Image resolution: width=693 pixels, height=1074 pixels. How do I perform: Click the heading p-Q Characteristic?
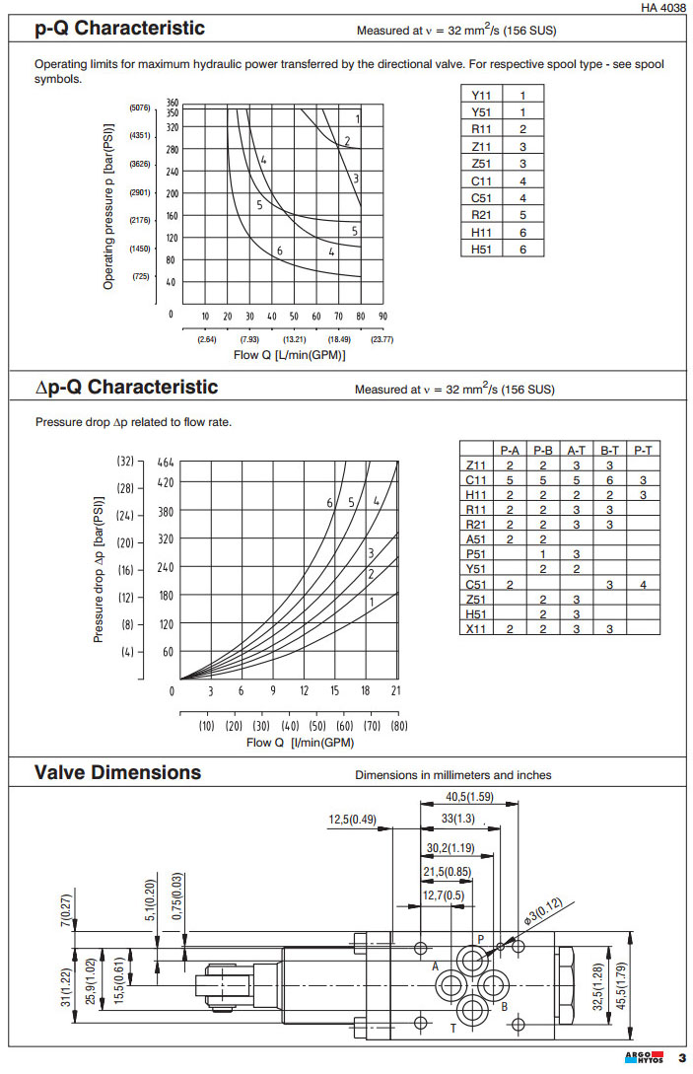(120, 28)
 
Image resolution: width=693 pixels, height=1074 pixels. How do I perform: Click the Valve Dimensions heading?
(118, 772)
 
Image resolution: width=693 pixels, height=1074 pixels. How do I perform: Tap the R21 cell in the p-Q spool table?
(481, 214)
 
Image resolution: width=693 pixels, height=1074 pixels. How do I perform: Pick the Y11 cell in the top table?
(481, 96)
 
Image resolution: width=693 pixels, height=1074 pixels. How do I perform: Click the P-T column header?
(644, 450)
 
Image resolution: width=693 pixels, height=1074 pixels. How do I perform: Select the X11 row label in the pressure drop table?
(476, 627)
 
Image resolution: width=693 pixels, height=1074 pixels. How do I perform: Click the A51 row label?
(476, 538)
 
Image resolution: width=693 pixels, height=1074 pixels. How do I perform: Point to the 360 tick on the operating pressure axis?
(173, 103)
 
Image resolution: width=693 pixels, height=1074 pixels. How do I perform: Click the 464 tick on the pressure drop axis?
(166, 462)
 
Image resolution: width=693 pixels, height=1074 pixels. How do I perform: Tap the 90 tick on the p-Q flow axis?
(382, 317)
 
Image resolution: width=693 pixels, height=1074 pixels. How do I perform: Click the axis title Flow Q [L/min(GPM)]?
(289, 354)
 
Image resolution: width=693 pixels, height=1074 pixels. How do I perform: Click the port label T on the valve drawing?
(452, 1028)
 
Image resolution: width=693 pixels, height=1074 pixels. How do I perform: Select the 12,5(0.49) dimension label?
(353, 820)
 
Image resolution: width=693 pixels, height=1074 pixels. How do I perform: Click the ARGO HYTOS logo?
(645, 1058)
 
